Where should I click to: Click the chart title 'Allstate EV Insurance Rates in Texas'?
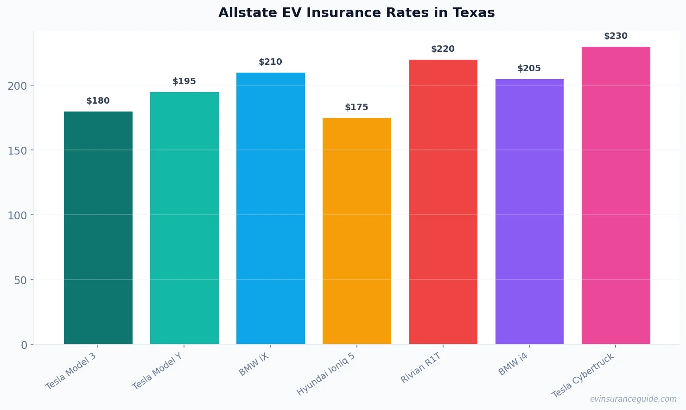click(x=356, y=12)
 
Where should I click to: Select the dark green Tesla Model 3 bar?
click(x=98, y=228)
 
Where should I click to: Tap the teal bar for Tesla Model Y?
click(x=184, y=218)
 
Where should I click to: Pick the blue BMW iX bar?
click(x=271, y=208)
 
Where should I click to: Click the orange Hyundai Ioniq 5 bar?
click(x=357, y=231)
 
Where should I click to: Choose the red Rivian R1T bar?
click(x=443, y=202)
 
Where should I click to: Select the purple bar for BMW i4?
click(x=529, y=211)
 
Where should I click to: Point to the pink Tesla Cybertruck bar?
click(x=616, y=195)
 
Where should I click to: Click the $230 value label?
click(x=616, y=36)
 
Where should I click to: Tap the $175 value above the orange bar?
click(x=356, y=107)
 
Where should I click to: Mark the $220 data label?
click(x=443, y=49)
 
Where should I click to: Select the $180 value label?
click(x=98, y=101)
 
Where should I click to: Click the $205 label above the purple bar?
click(x=529, y=68)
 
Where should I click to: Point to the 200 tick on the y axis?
click(x=17, y=86)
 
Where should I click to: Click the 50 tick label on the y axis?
click(x=20, y=280)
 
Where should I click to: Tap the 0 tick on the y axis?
click(x=24, y=345)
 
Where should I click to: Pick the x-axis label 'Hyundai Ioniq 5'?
click(x=326, y=373)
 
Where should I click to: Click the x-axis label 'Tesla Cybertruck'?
click(x=583, y=375)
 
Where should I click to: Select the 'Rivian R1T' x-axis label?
click(x=421, y=367)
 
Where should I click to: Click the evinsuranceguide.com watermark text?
click(x=633, y=399)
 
